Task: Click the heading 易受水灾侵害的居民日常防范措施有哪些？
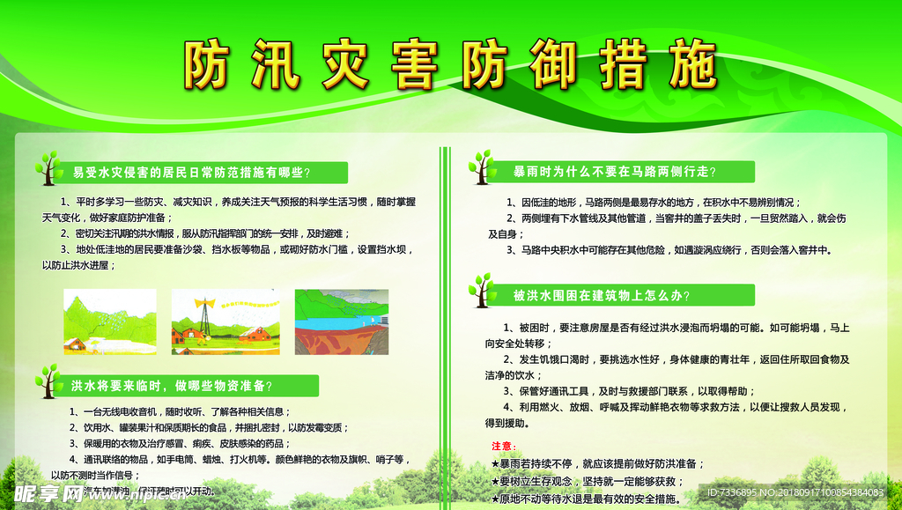(191, 171)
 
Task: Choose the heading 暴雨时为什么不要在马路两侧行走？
(615, 171)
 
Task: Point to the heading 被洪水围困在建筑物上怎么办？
(602, 295)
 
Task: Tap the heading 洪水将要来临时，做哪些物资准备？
(172, 385)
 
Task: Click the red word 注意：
(503, 446)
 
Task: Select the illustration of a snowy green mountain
(109, 322)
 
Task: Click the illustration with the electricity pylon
(225, 322)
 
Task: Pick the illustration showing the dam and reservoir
(341, 322)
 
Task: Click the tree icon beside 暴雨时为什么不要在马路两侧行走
(481, 167)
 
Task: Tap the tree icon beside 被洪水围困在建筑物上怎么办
(481, 291)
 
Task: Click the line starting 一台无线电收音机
(180, 411)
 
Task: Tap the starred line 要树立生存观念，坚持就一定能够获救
(588, 481)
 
